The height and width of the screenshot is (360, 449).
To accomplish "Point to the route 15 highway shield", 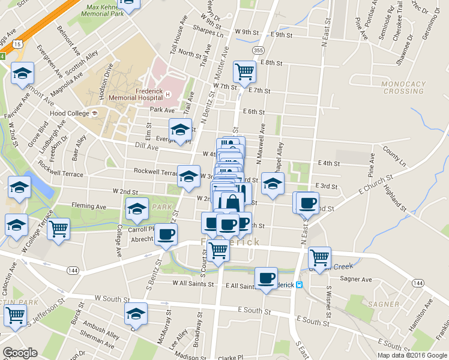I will point(19,44).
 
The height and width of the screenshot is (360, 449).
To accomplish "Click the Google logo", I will point(20,353).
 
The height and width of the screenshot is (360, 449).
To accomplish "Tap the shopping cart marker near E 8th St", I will point(244,71).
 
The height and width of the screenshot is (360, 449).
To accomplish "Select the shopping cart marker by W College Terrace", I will point(58,228).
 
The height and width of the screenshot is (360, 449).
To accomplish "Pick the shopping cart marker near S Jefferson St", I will point(15,316).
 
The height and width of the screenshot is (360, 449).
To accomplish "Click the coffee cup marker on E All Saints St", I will point(266,278).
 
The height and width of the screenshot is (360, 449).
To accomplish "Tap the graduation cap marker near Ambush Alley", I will point(136,313).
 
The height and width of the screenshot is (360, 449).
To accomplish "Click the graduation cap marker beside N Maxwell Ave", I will point(273,185).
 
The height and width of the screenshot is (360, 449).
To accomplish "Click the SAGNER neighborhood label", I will point(385,304).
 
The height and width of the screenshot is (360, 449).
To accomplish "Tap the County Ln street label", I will point(394,160).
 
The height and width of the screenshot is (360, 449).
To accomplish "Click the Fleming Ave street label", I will point(88,207).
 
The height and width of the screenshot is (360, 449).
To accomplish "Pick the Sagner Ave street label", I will point(357,280).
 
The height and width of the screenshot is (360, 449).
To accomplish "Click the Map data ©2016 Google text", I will point(412,355).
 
